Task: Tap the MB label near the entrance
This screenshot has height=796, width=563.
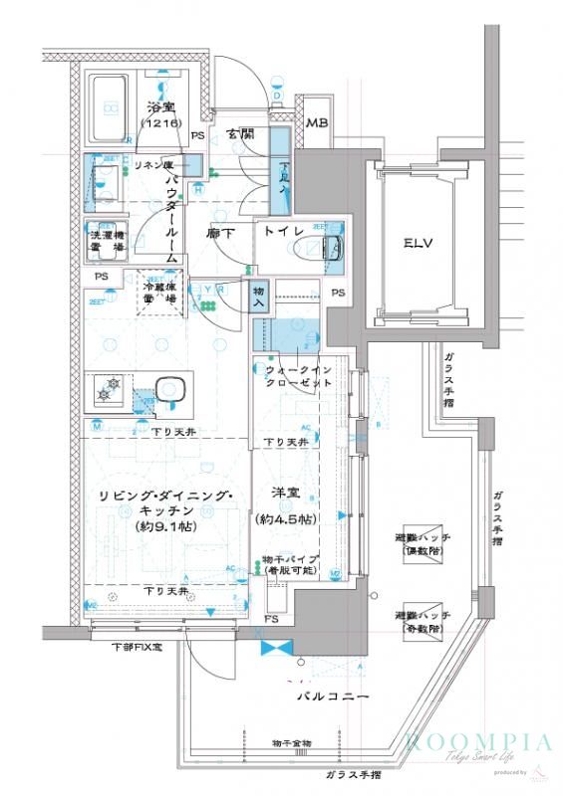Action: (x=316, y=123)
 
